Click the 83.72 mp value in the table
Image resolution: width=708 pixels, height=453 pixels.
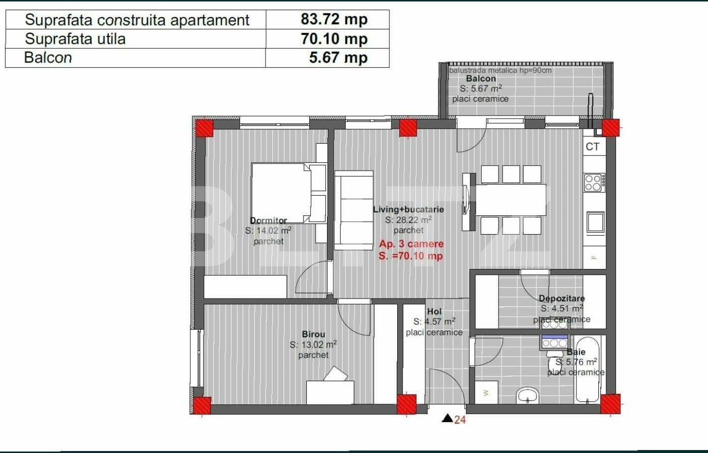click(334, 19)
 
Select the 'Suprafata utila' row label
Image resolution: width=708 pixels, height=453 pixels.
click(75, 39)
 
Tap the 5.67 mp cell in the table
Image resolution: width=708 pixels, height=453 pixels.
click(338, 58)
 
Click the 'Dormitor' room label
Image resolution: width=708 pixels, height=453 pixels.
click(268, 220)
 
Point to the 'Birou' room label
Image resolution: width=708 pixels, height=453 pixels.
click(313, 334)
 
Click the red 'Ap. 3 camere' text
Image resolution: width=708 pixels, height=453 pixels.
click(411, 244)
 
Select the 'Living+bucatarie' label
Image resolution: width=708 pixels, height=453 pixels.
click(408, 210)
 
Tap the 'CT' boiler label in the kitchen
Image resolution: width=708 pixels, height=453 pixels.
click(592, 147)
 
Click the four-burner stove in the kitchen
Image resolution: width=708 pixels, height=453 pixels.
click(593, 182)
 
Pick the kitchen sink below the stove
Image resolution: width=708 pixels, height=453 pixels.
click(595, 222)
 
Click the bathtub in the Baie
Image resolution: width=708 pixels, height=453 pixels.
click(588, 369)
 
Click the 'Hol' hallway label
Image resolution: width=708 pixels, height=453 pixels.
click(434, 311)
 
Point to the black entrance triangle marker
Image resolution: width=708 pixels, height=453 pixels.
click(447, 419)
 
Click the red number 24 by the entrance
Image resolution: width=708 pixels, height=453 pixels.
click(460, 420)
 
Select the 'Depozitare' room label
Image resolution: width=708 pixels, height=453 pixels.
click(561, 299)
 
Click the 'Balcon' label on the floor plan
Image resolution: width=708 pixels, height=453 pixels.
click(481, 79)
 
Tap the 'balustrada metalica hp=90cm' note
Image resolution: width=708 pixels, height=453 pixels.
click(500, 70)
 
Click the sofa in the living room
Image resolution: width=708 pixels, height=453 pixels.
click(354, 210)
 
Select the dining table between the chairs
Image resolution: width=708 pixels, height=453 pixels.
click(511, 200)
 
